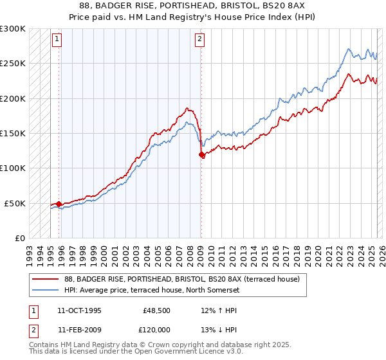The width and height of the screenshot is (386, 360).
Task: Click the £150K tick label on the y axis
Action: coord(12,134)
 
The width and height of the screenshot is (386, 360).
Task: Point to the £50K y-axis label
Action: coord(14,203)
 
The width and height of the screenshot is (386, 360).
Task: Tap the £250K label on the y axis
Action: coord(12,64)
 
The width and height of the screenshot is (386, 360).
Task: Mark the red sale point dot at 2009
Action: coord(202,155)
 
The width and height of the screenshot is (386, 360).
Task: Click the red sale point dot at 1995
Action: coord(59,204)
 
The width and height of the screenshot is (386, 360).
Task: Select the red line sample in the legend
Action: coord(46,278)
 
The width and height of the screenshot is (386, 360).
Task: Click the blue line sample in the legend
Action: coord(46,289)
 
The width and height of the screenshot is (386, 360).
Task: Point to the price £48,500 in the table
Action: coord(156,310)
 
